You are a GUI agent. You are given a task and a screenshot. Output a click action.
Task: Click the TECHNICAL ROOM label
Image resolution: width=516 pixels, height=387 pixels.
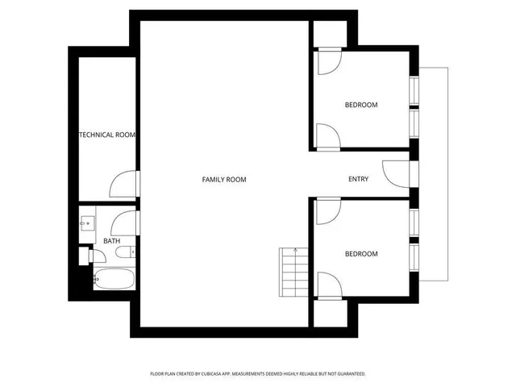tap(106, 135)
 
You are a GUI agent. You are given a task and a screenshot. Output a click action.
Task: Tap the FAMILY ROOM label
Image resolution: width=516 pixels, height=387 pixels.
tap(223, 179)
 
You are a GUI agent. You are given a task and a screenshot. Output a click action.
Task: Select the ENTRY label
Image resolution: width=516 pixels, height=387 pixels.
tap(358, 179)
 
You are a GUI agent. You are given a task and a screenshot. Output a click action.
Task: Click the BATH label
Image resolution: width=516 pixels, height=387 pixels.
tap(111, 240)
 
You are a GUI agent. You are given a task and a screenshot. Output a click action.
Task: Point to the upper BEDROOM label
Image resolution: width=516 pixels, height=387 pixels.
tap(361, 105)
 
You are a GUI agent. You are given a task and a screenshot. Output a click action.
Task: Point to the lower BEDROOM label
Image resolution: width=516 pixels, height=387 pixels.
tap(361, 254)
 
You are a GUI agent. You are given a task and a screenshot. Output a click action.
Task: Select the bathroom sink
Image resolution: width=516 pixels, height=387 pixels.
tap(88, 223)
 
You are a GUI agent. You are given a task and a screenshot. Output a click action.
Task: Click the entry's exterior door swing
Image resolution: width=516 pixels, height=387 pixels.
tap(395, 174)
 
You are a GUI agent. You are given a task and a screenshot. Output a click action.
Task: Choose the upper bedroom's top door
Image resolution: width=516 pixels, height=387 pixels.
tap(329, 63)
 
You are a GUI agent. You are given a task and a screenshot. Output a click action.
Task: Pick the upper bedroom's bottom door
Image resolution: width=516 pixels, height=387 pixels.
tap(327, 136)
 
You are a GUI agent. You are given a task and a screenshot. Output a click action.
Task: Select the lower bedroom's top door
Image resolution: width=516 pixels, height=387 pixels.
tap(327, 211)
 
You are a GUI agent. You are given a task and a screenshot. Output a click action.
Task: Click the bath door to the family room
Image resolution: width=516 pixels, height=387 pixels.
tap(125, 221)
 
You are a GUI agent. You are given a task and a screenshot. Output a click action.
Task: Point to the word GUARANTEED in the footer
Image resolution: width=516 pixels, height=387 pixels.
tap(348, 374)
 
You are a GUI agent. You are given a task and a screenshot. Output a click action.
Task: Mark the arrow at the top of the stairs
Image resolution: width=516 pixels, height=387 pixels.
tap(296, 250)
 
